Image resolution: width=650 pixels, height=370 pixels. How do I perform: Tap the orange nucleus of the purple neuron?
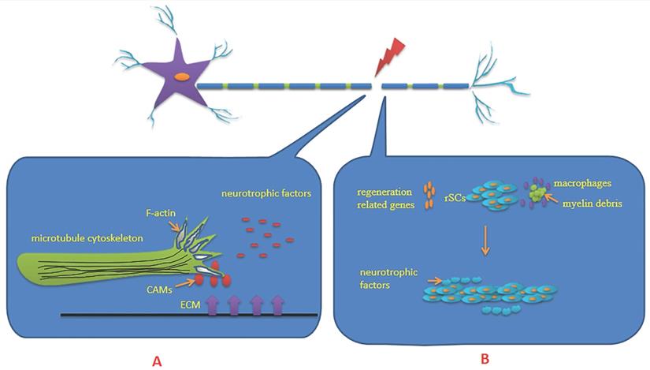[x=182, y=77]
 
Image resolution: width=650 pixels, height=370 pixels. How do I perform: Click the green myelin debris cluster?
[x=537, y=193]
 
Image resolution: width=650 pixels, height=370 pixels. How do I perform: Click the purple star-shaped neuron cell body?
[x=173, y=79]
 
